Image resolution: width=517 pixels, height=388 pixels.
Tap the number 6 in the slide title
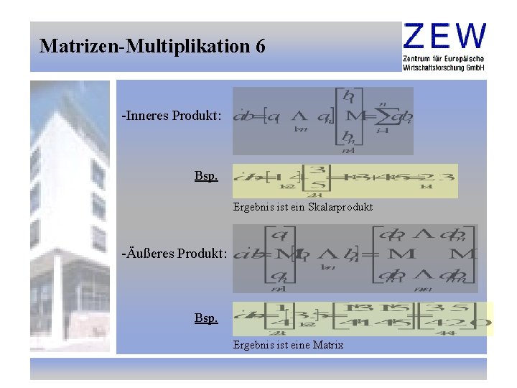pos(259,47)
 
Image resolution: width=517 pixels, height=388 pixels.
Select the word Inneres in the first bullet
pos(146,115)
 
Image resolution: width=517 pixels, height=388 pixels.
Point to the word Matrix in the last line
pos(328,345)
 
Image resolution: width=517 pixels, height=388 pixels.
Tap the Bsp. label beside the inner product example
pos(206,176)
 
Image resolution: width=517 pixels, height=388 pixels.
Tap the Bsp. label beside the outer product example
pos(206,317)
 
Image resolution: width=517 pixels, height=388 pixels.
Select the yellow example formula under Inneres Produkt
pos(345,180)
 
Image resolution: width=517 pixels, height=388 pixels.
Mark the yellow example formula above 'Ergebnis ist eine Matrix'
pos(363,319)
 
